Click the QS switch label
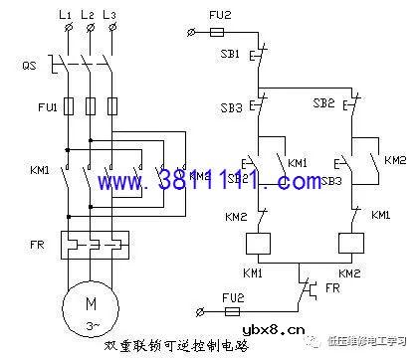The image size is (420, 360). (31, 65)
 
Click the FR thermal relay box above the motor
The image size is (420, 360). (90, 242)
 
